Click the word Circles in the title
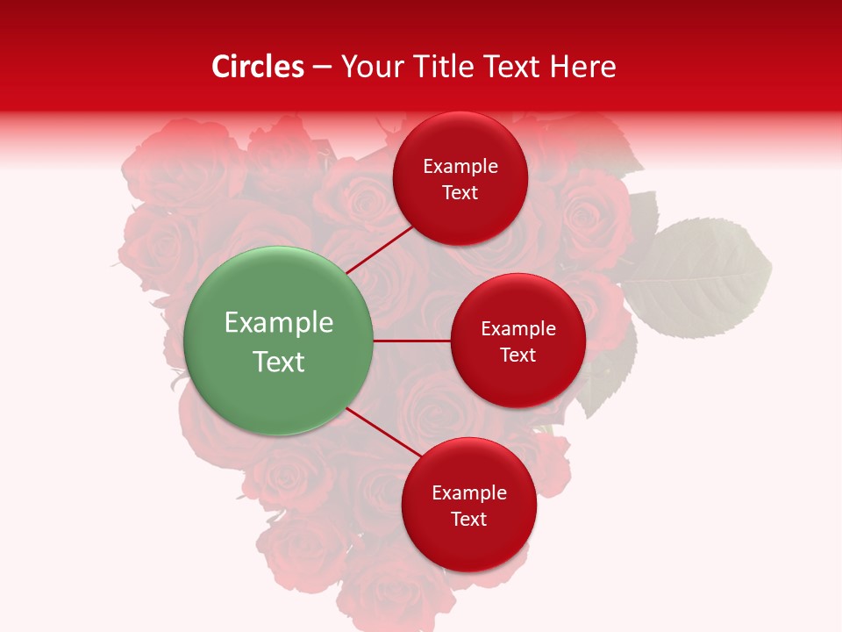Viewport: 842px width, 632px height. [258, 67]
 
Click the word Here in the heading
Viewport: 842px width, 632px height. [582, 67]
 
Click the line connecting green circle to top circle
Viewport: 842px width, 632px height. [381, 248]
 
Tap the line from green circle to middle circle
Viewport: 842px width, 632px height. [411, 341]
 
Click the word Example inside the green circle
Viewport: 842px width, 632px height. [279, 323]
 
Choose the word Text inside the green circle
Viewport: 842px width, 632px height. [279, 362]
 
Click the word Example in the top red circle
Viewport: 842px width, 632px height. [460, 166]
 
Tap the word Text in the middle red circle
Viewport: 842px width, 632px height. [517, 355]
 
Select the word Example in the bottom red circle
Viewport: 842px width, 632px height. [469, 492]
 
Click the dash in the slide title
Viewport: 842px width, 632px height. [322, 68]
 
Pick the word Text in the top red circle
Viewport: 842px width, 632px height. [460, 192]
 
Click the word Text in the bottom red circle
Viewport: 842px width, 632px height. [468, 519]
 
